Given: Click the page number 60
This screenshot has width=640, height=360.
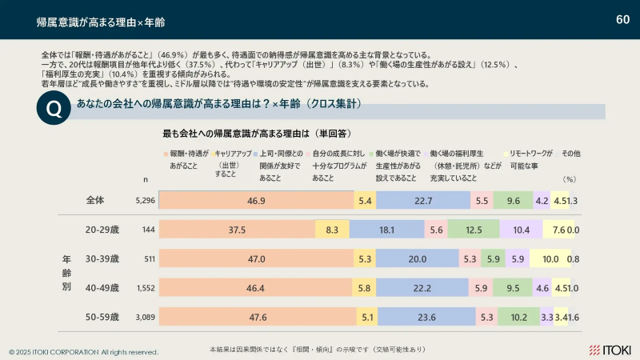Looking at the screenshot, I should (x=622, y=18).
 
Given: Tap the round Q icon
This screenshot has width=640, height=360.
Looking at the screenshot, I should (x=53, y=110).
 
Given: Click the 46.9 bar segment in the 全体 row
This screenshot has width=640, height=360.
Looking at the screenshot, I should (x=257, y=201).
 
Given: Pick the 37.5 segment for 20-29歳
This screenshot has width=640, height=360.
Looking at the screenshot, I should (x=237, y=230).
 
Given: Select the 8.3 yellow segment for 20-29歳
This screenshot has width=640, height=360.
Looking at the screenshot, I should (x=332, y=230).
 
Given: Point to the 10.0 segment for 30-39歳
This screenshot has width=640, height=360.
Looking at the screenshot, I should (x=550, y=259).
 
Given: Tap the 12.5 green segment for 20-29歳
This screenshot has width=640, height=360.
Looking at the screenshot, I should (x=474, y=230).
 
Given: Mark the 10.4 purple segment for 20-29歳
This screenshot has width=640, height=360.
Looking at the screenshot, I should (x=522, y=230).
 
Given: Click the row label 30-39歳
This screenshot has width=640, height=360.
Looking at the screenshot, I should (x=102, y=259).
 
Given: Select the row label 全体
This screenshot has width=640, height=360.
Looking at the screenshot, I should (x=95, y=201).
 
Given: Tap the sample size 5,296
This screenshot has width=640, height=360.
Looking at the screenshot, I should (x=145, y=202).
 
